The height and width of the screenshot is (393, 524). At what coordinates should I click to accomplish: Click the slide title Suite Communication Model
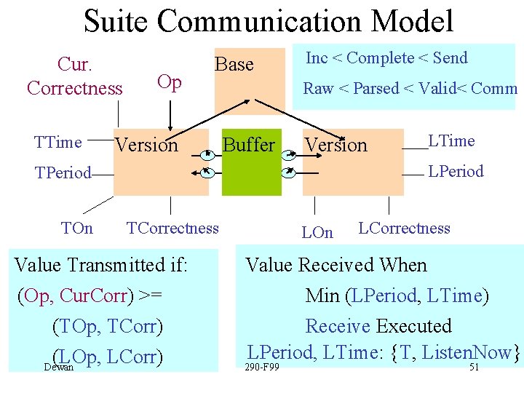click(x=268, y=21)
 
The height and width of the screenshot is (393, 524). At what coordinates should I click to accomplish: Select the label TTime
click(x=58, y=143)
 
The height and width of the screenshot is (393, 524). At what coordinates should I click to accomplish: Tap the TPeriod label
click(x=64, y=173)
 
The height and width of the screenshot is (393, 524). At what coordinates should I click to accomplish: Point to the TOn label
click(x=77, y=229)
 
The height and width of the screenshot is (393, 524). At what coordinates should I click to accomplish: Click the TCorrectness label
click(x=172, y=229)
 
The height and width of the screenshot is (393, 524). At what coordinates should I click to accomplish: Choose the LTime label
click(x=451, y=141)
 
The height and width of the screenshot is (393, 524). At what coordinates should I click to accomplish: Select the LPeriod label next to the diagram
click(x=456, y=172)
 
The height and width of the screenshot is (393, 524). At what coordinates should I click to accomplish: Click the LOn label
click(x=317, y=233)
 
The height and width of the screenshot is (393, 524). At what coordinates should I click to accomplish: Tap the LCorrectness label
click(x=405, y=229)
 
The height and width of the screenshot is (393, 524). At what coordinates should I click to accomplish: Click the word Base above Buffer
click(x=234, y=65)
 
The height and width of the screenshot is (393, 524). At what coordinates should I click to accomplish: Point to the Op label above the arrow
click(x=170, y=82)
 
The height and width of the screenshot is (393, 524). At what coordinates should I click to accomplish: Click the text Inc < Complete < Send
click(x=386, y=58)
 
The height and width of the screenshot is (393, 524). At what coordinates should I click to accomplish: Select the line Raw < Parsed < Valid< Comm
click(x=410, y=89)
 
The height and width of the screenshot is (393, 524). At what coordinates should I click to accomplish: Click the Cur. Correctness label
click(x=74, y=76)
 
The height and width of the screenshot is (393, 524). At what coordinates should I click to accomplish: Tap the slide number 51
click(x=474, y=368)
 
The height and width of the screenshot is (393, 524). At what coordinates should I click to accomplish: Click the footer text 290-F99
click(x=263, y=368)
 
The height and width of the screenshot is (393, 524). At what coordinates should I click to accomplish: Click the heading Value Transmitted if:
click(x=101, y=265)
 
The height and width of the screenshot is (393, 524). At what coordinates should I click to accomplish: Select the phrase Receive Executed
click(x=378, y=326)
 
